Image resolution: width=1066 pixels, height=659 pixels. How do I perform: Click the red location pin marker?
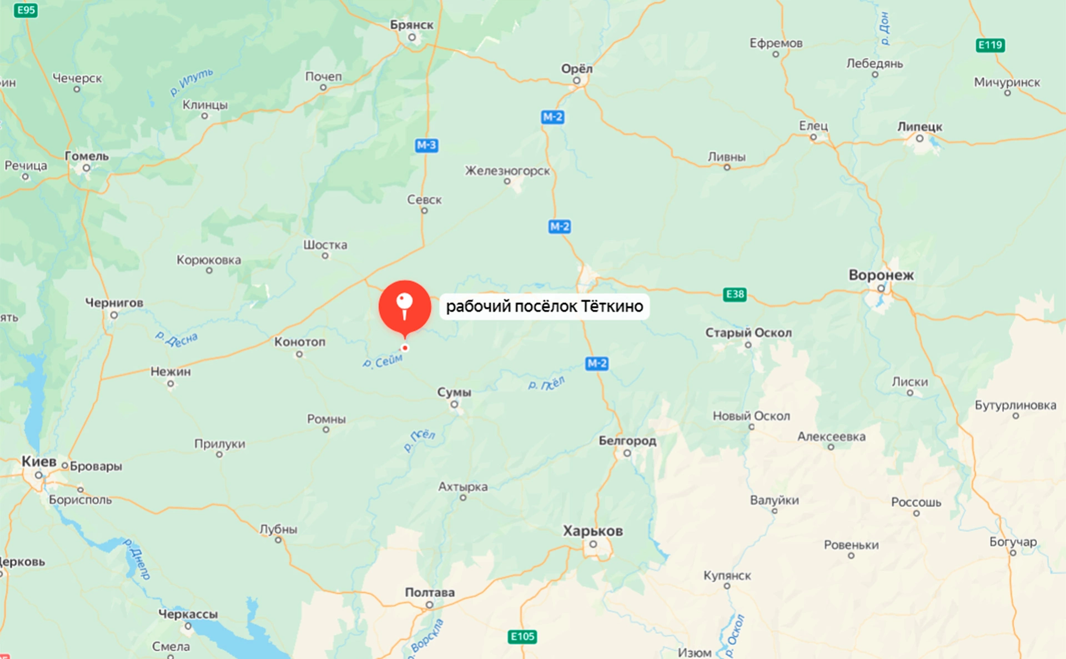[x=405, y=306]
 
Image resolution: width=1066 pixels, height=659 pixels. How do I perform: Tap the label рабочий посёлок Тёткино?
[x=544, y=306]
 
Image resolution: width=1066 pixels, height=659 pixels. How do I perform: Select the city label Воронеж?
[x=881, y=275]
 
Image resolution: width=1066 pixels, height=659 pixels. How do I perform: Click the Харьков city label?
[x=593, y=531]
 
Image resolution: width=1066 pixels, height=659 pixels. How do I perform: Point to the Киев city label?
[x=39, y=462]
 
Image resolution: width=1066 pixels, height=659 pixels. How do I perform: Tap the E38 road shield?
[x=735, y=294]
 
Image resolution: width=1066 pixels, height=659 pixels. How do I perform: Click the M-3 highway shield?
[x=426, y=145]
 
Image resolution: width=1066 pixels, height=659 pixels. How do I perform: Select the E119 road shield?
[x=990, y=45]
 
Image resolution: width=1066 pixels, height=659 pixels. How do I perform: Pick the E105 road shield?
[x=522, y=636]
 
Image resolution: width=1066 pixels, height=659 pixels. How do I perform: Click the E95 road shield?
[x=26, y=10]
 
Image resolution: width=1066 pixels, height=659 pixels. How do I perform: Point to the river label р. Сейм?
[x=383, y=361]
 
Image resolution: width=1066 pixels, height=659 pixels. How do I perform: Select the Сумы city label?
[x=454, y=393]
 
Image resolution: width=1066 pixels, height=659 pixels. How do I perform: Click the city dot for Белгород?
[x=627, y=453]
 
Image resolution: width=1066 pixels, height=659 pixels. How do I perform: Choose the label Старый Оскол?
[x=748, y=333]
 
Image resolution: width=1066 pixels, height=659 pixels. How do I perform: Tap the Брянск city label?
[x=411, y=25]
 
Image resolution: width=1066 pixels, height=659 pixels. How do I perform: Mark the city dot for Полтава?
[x=429, y=605]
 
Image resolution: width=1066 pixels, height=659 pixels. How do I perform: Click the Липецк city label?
[x=919, y=127]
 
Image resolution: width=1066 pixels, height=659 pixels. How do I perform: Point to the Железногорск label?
[x=507, y=171]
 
